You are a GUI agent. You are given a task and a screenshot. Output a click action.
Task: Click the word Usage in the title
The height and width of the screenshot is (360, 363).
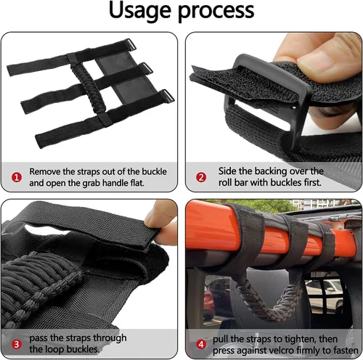[x=139, y=11]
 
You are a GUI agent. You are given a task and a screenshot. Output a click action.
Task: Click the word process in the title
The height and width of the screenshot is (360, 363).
[x=216, y=12]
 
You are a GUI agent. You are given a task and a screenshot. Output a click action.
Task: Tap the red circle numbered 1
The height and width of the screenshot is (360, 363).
[x=17, y=177]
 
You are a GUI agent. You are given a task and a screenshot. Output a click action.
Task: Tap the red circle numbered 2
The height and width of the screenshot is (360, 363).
[x=201, y=177]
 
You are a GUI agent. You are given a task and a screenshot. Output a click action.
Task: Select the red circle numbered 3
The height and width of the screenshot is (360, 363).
[x=17, y=344]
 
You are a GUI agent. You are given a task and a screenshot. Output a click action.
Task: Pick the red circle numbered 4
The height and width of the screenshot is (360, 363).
[x=201, y=344]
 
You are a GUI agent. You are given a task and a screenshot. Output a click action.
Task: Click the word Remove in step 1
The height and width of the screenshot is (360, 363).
[x=45, y=171]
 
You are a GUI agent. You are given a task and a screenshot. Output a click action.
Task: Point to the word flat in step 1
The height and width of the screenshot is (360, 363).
[x=137, y=183]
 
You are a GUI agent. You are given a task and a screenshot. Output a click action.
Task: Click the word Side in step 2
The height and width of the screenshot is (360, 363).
[x=227, y=171]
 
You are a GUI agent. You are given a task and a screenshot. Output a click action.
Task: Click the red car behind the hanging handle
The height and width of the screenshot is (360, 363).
[x=208, y=303]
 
